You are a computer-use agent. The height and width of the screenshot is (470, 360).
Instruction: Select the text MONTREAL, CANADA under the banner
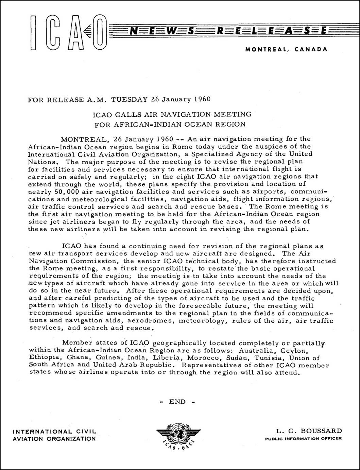[286, 49]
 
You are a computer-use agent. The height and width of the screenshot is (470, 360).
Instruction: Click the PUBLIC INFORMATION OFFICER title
[303, 439]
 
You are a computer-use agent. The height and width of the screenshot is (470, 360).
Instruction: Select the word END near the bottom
[177, 402]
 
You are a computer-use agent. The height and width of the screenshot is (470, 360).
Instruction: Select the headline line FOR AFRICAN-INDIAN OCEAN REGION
[170, 124]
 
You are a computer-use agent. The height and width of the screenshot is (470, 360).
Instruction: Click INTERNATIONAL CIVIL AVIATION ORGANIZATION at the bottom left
[54, 435]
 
